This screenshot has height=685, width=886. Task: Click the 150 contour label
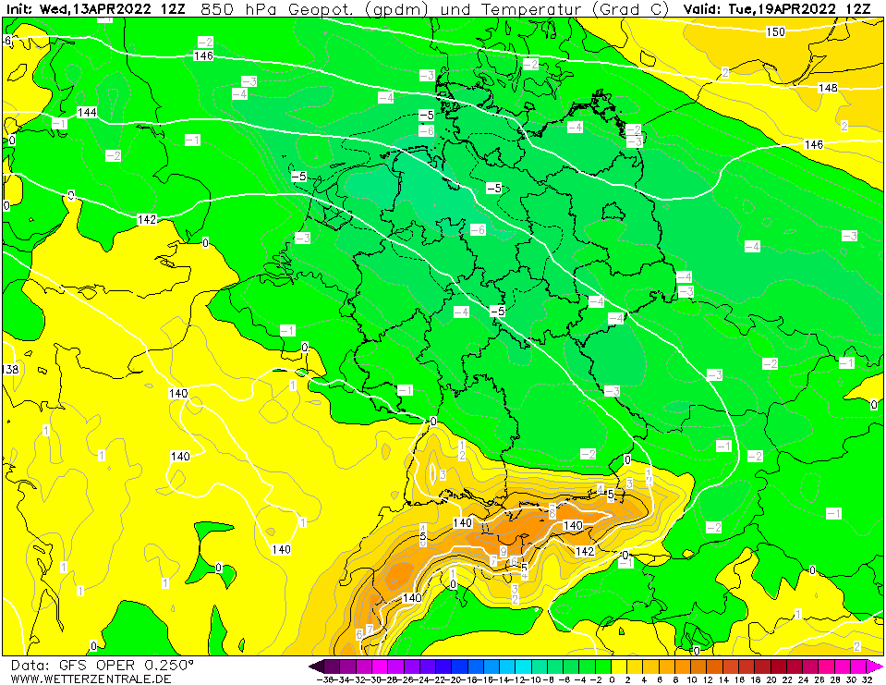(776, 32)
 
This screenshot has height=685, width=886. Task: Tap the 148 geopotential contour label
(828, 88)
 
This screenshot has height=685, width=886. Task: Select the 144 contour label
(87, 112)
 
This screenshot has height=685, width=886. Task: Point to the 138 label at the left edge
(10, 369)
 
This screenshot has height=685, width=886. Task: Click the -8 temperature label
(426, 131)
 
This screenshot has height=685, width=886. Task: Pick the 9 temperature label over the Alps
(503, 551)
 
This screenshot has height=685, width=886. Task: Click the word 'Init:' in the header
(20, 9)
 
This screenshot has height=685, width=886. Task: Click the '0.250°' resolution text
(168, 665)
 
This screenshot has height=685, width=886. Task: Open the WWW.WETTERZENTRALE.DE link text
(91, 679)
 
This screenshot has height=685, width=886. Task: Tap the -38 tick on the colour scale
(324, 679)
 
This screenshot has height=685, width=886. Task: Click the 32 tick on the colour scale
(868, 679)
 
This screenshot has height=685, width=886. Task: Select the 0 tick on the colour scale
(611, 679)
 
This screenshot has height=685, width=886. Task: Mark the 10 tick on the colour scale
(692, 679)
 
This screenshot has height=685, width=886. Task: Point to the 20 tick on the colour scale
(772, 679)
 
